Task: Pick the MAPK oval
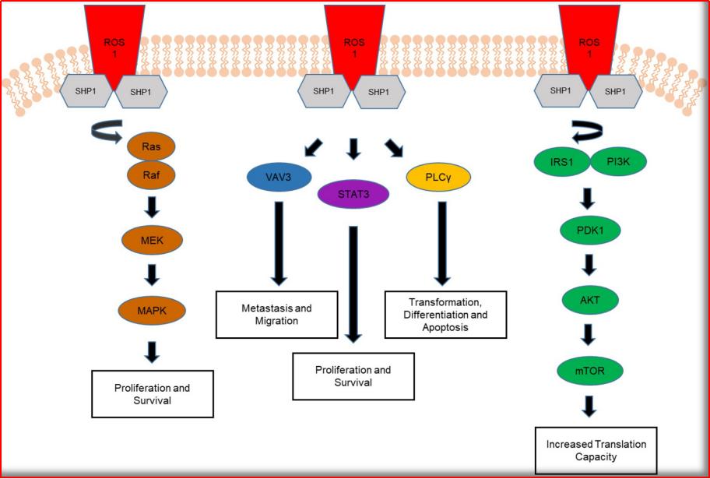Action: pyautogui.click(x=153, y=311)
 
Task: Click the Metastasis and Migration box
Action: pyautogui.click(x=276, y=315)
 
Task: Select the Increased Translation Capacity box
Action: pyautogui.click(x=596, y=450)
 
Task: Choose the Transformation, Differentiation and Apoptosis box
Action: pyautogui.click(x=445, y=314)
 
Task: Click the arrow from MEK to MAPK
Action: pyautogui.click(x=153, y=275)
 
